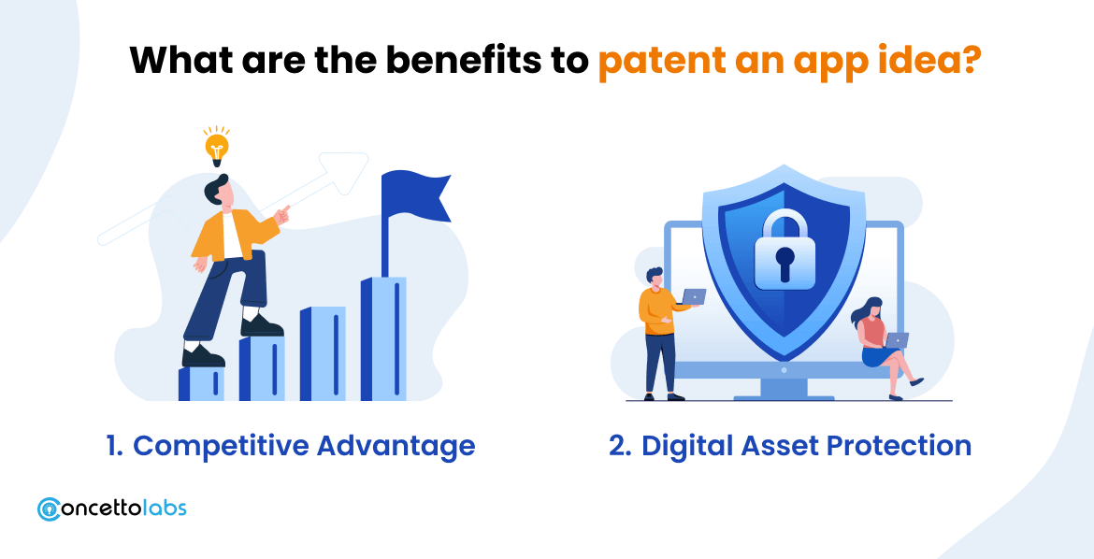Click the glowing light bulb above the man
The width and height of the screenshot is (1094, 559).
[217, 148]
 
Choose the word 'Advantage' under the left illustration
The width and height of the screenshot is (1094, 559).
[396, 446]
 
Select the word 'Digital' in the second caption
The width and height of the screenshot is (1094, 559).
[684, 446]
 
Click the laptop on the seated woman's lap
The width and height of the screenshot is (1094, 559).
[896, 340]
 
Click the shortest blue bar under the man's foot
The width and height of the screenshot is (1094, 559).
[202, 383]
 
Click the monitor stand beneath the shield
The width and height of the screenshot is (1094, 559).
[784, 388]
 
